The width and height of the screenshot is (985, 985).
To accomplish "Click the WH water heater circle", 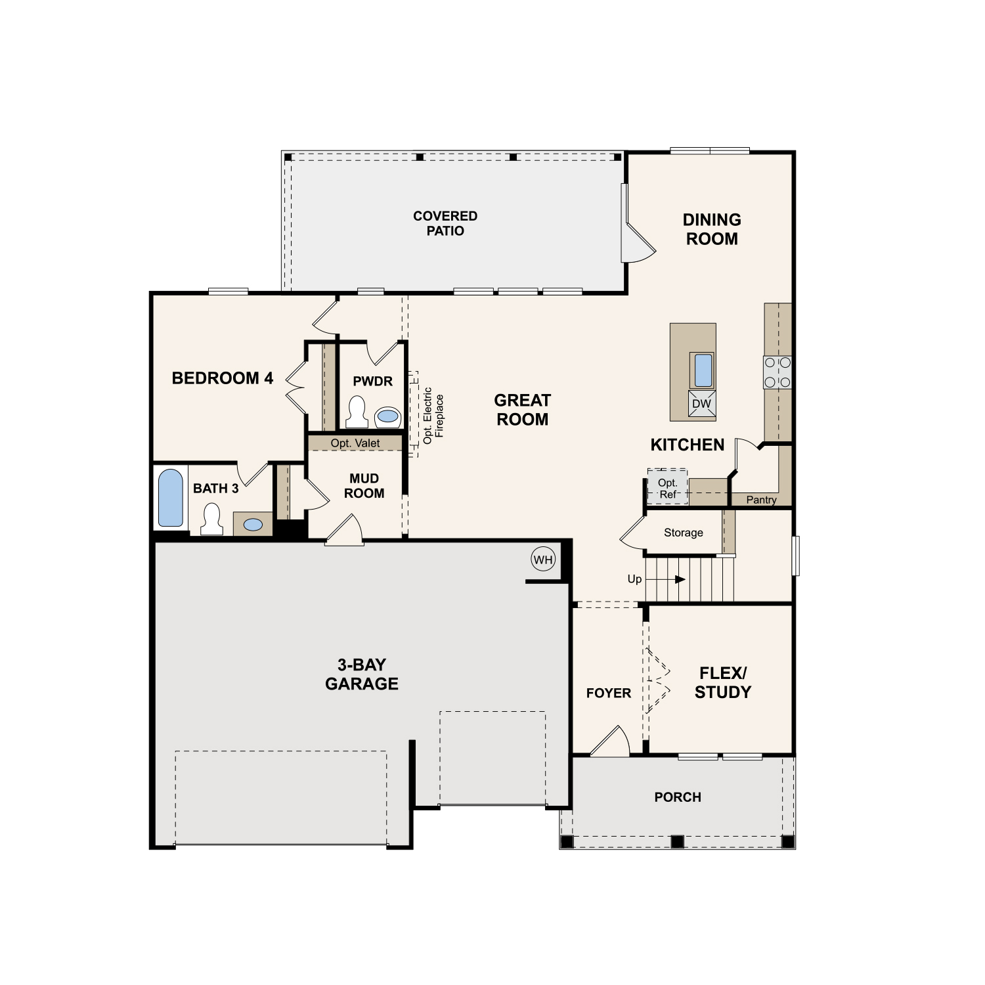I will click(543, 559).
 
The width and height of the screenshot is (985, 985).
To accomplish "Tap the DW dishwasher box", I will click(701, 404).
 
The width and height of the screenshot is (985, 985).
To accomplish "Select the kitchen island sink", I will click(703, 370).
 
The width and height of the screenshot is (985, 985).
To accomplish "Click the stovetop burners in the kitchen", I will click(777, 372).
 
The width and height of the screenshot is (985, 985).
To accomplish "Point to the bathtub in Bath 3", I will click(171, 498).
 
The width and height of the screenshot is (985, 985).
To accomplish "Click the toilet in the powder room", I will click(357, 412).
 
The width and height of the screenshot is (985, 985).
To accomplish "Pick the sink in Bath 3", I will click(253, 525).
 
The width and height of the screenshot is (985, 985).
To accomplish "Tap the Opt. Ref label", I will click(668, 488).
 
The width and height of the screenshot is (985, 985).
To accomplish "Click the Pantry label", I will click(761, 500).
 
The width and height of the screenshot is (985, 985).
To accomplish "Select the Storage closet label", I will click(683, 533).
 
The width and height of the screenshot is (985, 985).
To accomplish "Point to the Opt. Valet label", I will click(355, 443).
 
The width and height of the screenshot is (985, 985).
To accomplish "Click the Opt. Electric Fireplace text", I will click(433, 415).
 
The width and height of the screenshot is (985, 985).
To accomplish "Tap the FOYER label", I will click(608, 693).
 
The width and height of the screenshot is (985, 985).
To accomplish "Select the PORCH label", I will click(678, 797).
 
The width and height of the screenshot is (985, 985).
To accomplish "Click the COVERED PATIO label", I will click(445, 223).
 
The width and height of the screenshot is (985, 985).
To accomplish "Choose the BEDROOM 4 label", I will click(222, 378).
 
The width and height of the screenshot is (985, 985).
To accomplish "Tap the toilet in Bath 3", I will click(211, 519).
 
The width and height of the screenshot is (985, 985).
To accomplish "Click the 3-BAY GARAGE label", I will click(362, 674).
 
